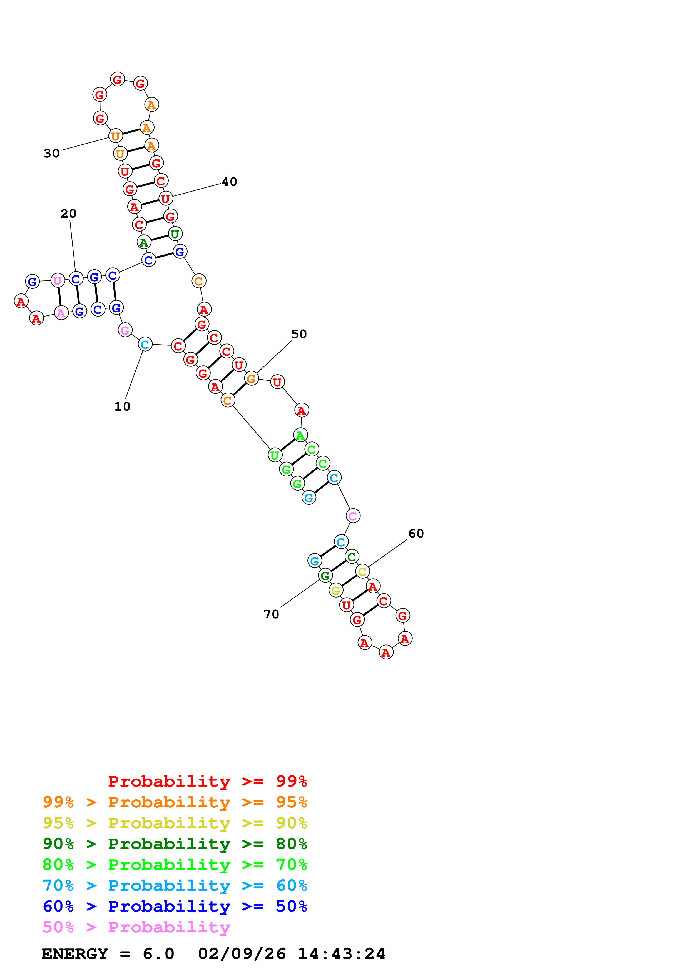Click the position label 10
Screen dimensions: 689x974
(x=122, y=406)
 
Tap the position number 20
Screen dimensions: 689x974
(x=68, y=214)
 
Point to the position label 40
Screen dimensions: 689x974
(x=229, y=182)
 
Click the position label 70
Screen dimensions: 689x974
(x=271, y=614)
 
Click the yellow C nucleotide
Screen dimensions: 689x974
(x=362, y=571)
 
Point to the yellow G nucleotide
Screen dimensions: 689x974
(x=336, y=590)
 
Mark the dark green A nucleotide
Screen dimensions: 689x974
(x=144, y=242)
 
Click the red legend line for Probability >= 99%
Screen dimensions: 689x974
(x=207, y=781)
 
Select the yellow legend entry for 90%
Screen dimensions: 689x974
(x=175, y=823)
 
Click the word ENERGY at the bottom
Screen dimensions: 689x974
(x=75, y=954)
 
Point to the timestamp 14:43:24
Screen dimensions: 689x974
(x=341, y=954)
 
